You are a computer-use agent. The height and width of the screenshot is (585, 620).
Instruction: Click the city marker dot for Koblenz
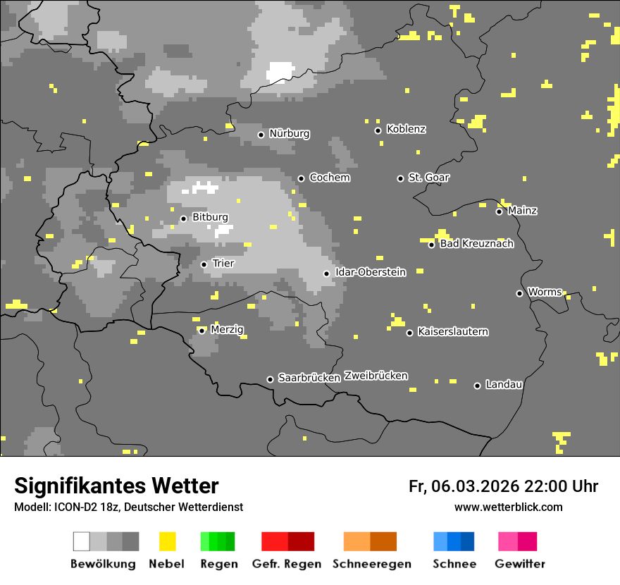[378, 130]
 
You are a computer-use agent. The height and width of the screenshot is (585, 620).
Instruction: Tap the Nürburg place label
[289, 134]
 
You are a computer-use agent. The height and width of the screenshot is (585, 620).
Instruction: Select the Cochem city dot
[301, 178]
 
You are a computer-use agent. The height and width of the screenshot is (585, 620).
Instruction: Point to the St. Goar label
[428, 178]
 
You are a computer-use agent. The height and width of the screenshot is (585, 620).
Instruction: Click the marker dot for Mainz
[499, 211]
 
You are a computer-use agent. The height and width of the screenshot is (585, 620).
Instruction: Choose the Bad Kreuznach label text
[476, 244]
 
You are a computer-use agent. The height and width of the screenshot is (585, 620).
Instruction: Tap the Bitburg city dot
[183, 218]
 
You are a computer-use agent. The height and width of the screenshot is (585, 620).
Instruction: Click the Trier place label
[223, 264]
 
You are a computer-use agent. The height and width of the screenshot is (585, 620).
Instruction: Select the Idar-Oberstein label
[370, 272]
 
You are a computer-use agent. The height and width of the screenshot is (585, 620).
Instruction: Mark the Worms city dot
[519, 293]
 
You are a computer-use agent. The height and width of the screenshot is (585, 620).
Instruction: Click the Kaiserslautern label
[452, 331]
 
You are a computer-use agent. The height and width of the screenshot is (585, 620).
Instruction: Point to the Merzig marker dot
[201, 331]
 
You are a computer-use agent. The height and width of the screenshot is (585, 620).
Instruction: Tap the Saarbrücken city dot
[270, 379]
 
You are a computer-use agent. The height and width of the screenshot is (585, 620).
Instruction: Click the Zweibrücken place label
[376, 376]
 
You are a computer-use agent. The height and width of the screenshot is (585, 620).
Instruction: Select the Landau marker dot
[477, 386]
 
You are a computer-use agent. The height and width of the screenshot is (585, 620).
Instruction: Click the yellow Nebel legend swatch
[167, 541]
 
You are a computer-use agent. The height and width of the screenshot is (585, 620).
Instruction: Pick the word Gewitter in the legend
[519, 564]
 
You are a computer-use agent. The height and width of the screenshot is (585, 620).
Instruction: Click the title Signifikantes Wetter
[116, 486]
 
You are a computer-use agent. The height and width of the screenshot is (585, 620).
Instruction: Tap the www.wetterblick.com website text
[508, 507]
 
